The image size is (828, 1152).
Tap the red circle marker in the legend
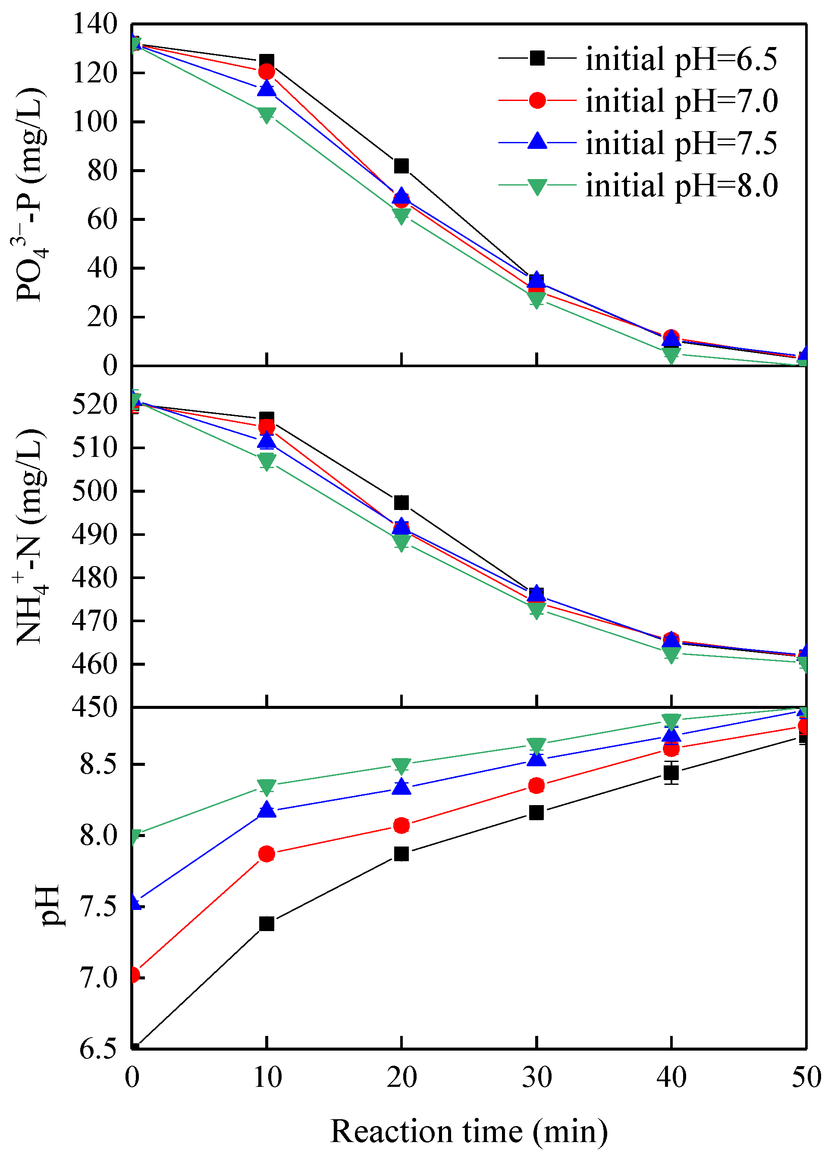tap(536, 101)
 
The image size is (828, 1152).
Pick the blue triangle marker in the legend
tap(536, 141)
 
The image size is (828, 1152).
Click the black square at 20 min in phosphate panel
tap(401, 166)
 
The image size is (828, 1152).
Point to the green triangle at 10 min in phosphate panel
tap(267, 114)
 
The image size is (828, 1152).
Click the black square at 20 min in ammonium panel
tap(401, 503)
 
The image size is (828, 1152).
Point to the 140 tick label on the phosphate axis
tap(95, 24)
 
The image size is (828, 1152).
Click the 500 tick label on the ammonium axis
tap(95, 491)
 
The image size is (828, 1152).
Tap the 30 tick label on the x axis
tap(536, 1077)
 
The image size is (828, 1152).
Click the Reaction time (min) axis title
tap(469, 1131)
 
